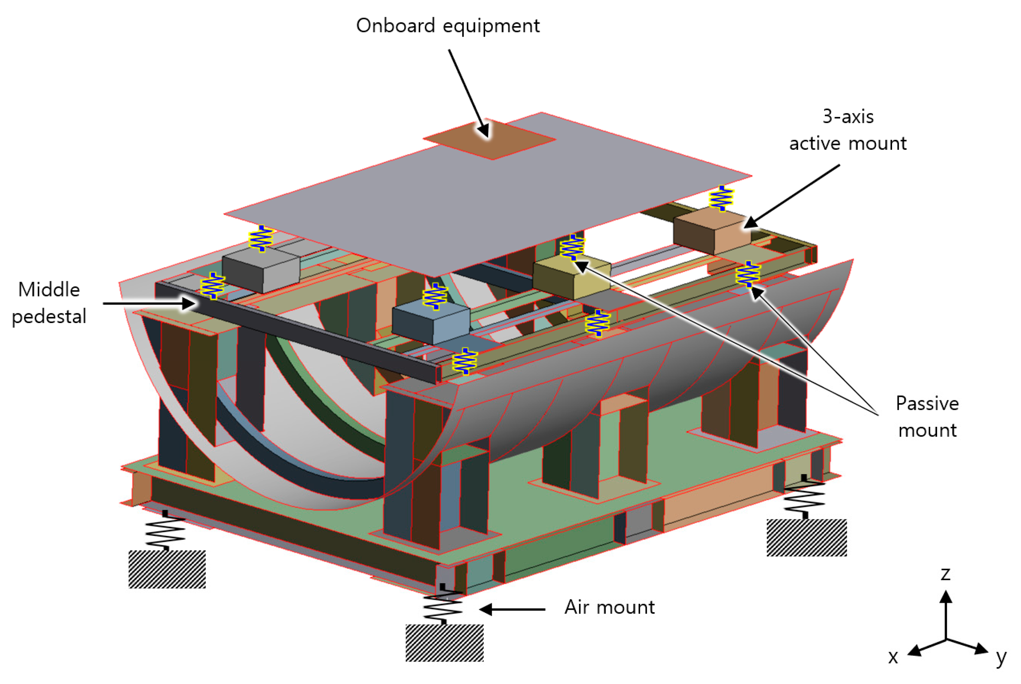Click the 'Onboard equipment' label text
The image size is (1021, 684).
(447, 26)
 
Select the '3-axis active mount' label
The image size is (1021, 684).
(847, 130)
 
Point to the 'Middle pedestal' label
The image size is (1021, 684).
(49, 303)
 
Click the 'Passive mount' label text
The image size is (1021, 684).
(927, 417)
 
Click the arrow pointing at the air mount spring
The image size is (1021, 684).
(513, 609)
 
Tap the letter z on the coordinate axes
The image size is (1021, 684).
(945, 574)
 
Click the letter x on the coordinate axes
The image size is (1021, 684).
(893, 657)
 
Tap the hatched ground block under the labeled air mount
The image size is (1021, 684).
(444, 643)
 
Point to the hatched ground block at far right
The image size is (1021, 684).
(806, 537)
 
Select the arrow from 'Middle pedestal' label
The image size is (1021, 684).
(148, 303)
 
